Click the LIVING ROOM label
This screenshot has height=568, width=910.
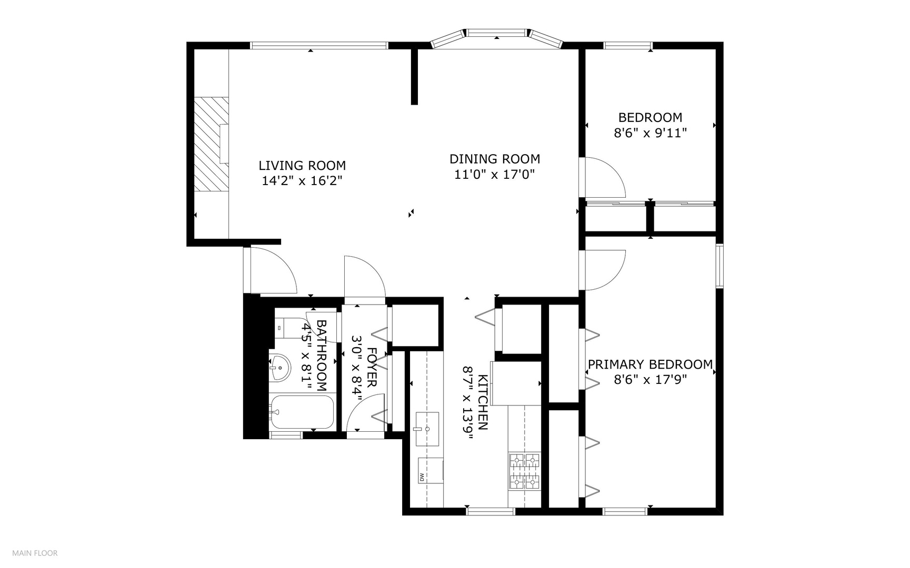coord(302,166)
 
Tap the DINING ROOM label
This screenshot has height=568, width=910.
coord(495,159)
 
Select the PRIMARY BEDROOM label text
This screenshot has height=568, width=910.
coord(650,364)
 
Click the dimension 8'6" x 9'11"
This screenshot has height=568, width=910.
coord(651,133)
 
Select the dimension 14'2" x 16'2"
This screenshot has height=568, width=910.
coord(302,181)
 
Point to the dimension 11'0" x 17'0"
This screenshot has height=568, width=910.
coord(495,174)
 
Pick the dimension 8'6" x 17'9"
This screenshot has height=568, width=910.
coord(651,379)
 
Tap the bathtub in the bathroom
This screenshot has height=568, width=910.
coord(302,412)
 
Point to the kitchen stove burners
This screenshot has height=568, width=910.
coord(525,471)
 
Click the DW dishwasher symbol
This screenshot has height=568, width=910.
coord(431,470)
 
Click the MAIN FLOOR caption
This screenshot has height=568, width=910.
coord(35,553)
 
